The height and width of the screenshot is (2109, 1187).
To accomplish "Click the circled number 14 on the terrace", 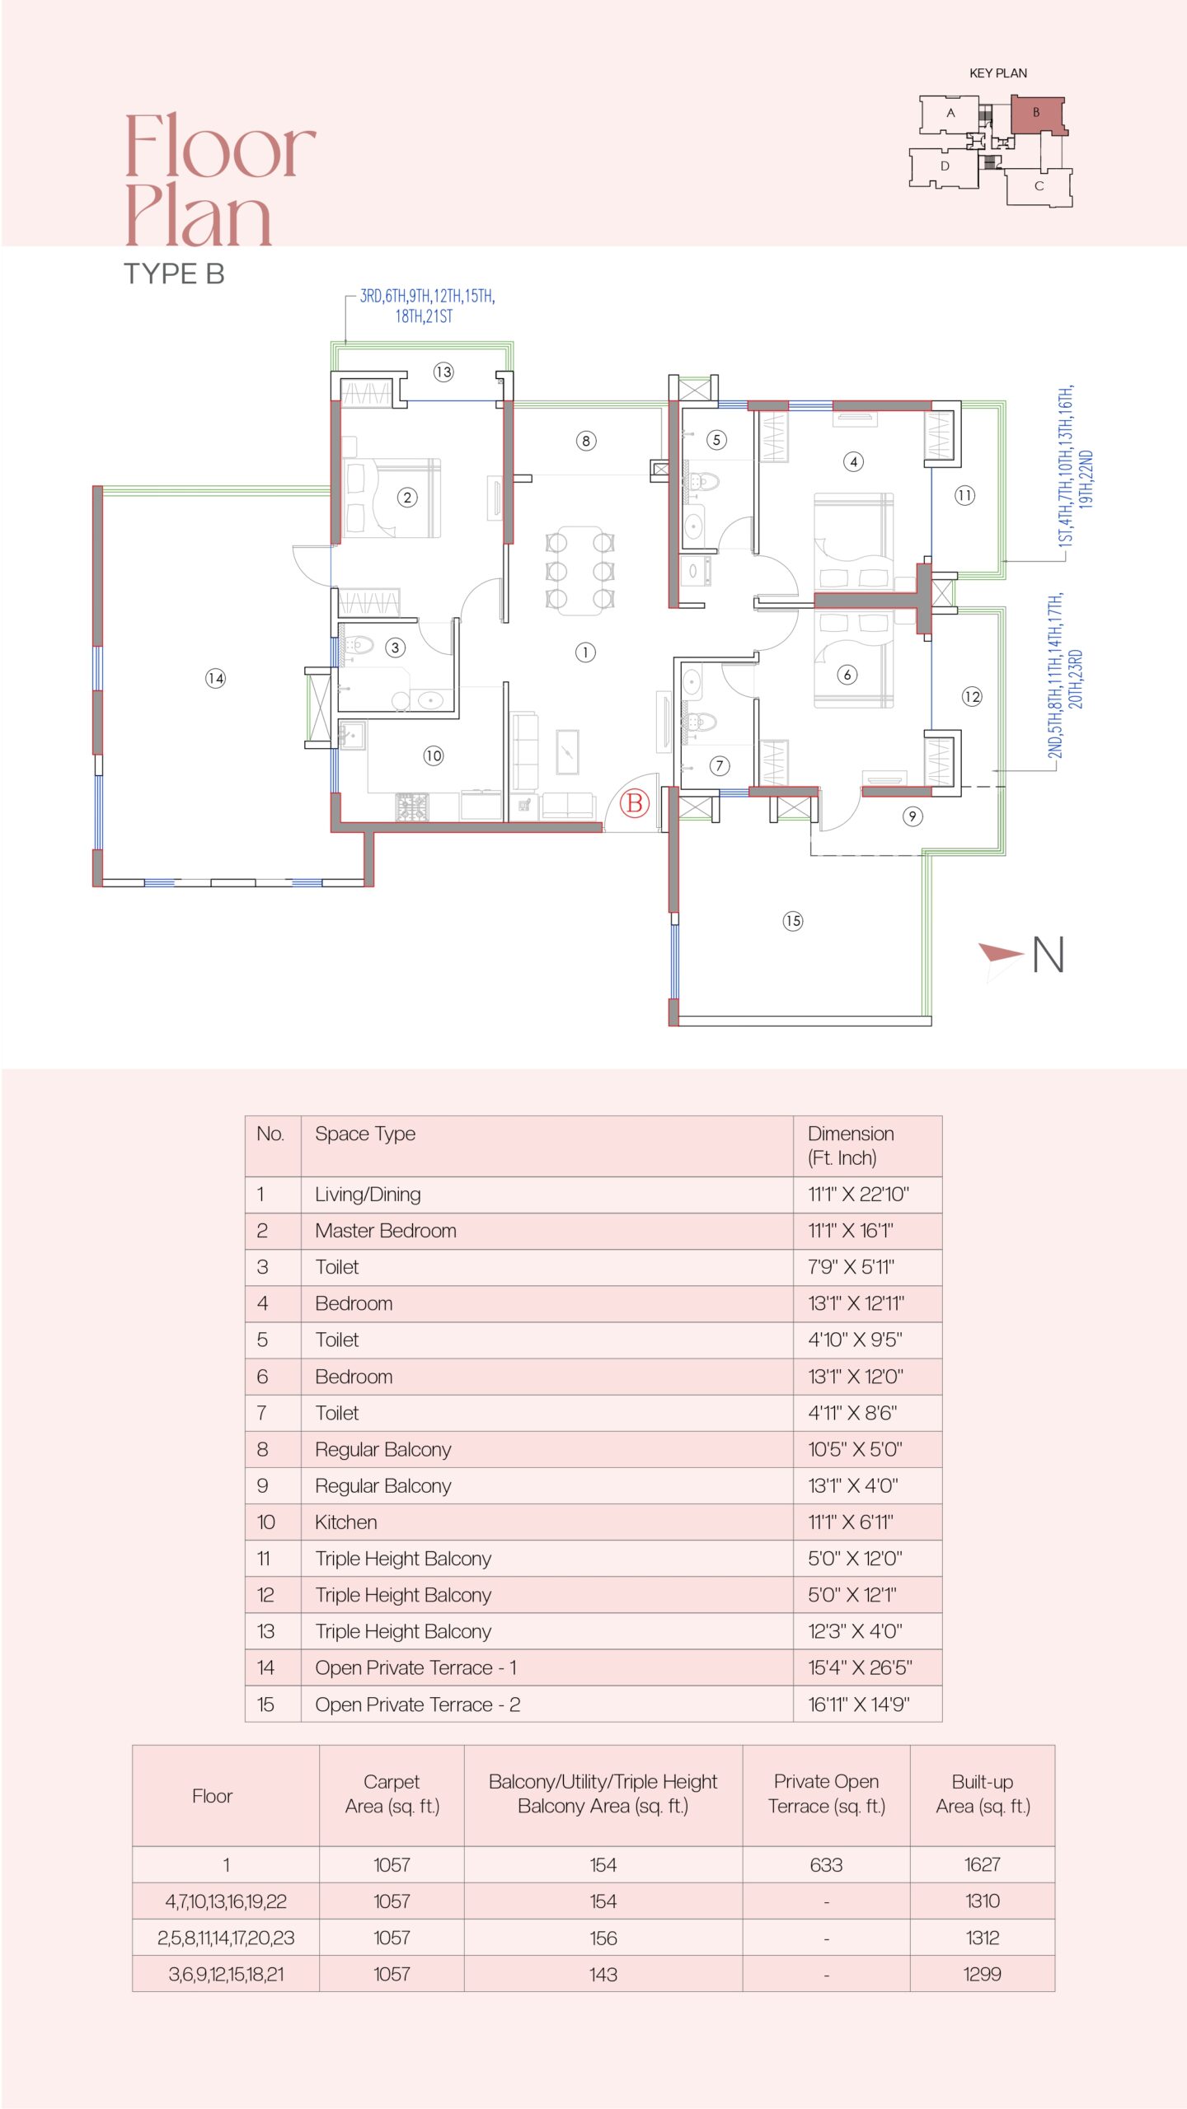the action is [215, 678].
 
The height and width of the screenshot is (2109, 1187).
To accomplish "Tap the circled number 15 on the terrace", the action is [793, 921].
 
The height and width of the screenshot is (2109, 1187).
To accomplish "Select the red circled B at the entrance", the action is [635, 803].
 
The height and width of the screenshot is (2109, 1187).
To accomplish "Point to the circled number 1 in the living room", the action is [585, 652].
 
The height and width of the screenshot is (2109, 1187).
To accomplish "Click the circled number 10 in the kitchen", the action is [434, 755].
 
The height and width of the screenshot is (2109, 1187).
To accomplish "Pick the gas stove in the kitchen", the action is [412, 807].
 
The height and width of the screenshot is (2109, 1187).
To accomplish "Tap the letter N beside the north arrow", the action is [1049, 955].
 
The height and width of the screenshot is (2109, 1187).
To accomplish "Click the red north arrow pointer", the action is [1001, 953].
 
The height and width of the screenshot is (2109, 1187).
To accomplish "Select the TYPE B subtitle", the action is [174, 274].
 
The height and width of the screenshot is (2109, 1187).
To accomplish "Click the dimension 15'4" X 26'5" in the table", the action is [860, 1667].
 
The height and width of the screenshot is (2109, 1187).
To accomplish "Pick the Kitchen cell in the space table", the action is [346, 1522].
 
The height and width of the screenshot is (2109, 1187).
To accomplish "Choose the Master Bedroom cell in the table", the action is [386, 1230].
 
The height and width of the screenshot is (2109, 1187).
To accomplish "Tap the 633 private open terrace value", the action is [826, 1864].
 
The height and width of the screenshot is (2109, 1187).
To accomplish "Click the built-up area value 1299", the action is [983, 1974].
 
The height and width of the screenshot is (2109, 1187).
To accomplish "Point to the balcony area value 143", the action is [603, 1974].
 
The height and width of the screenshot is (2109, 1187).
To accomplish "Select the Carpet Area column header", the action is [392, 1793].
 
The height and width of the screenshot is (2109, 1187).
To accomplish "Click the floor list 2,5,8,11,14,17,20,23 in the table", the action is [226, 1938].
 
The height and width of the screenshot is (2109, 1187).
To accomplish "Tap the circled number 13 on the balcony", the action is [443, 372].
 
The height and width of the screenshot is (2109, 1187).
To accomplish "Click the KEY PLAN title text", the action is [998, 73].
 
